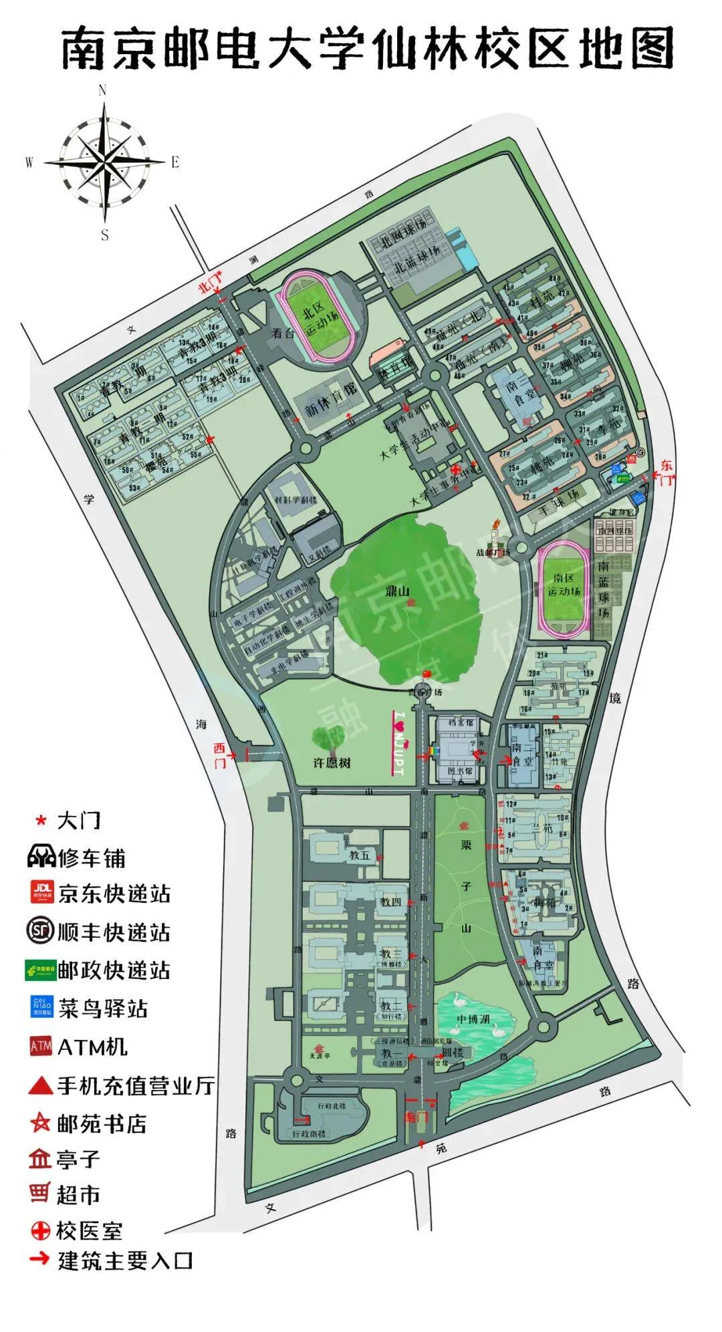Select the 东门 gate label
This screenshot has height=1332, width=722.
click(x=666, y=472)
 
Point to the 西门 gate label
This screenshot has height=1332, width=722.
click(x=221, y=752)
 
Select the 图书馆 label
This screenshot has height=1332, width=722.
click(x=459, y=771)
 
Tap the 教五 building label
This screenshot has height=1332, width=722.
click(x=359, y=855)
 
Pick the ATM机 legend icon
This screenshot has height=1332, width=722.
click(x=41, y=1047)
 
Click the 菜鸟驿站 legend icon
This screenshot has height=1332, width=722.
click(x=41, y=1008)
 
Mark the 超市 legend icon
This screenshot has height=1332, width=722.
click(x=40, y=1193)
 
